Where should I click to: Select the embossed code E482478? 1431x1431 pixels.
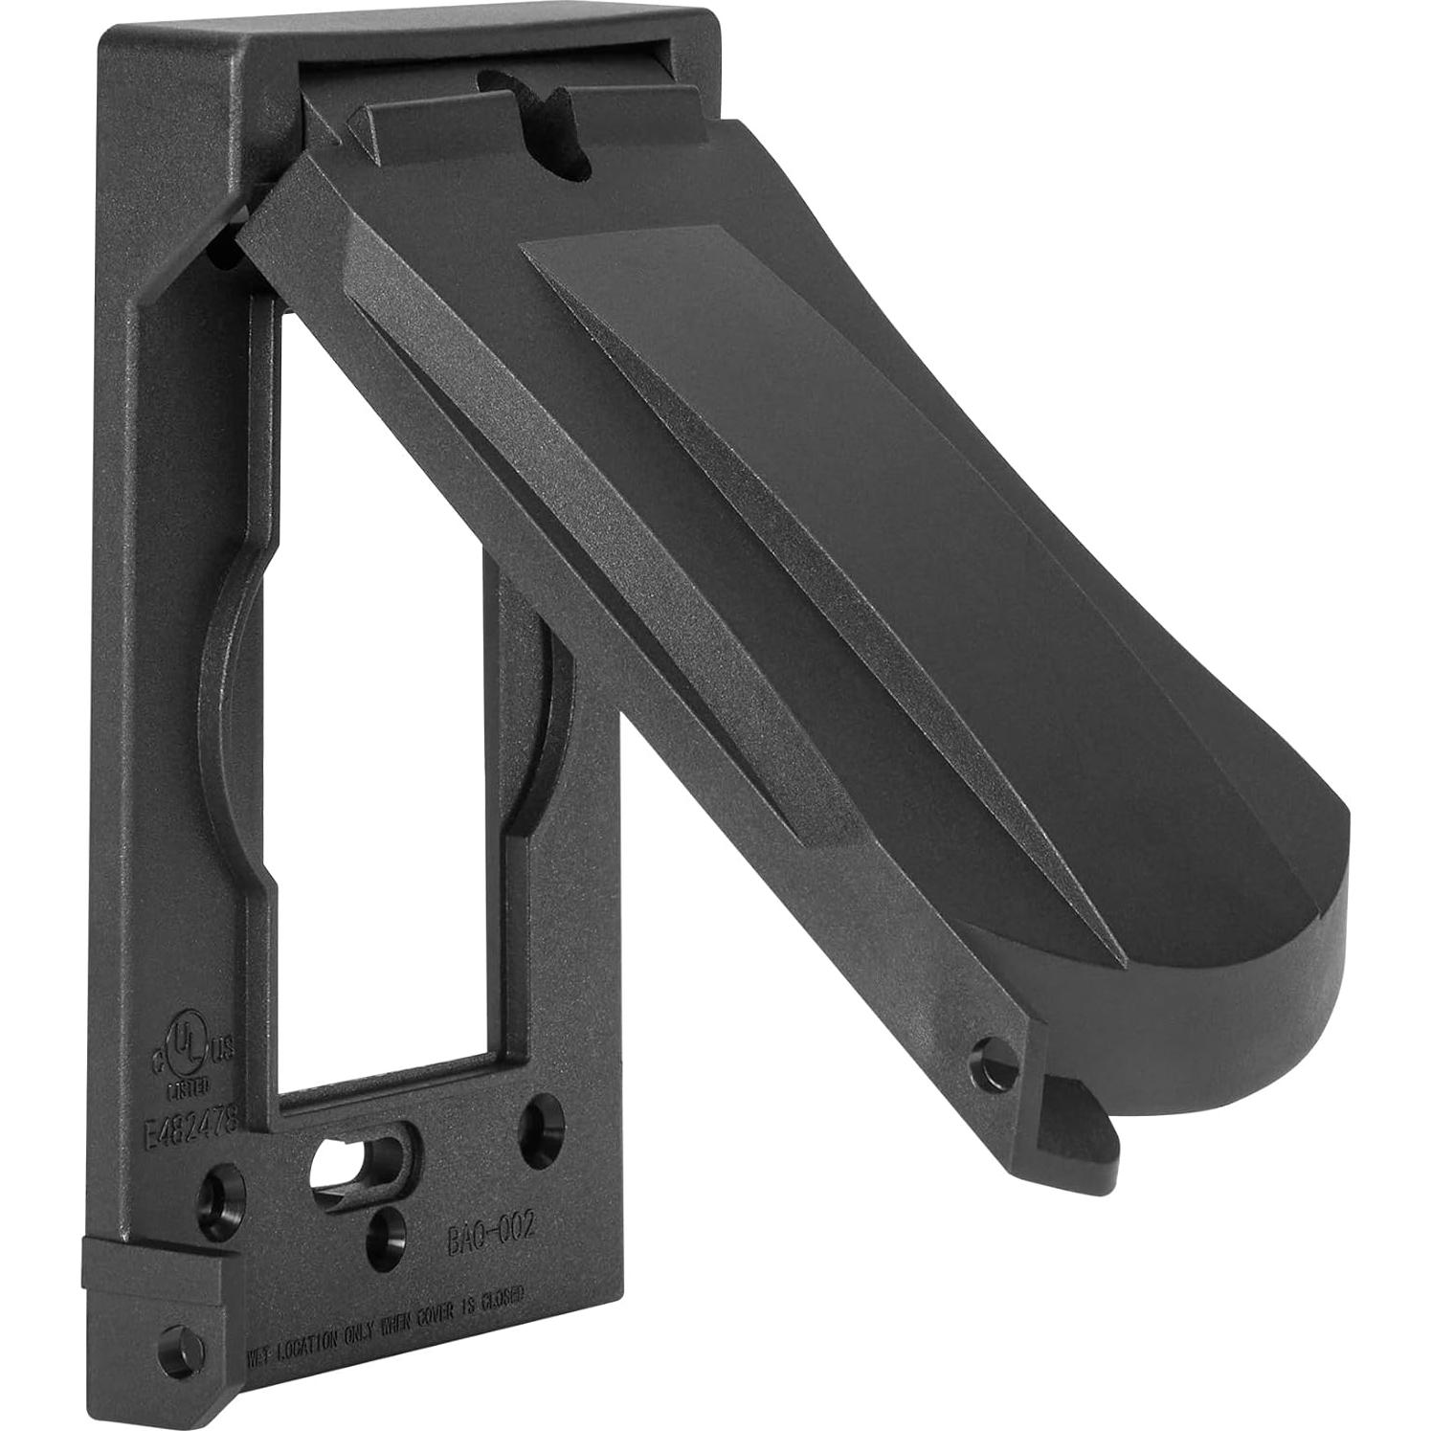coord(183,1113)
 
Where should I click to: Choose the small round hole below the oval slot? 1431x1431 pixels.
coord(388,1224)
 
